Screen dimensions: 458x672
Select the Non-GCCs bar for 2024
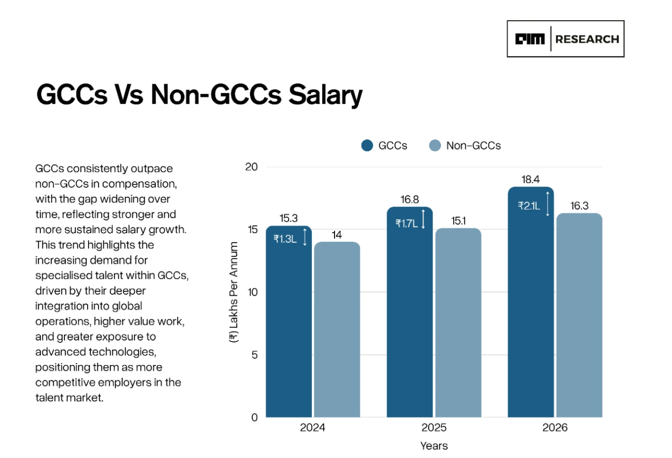[x=337, y=330]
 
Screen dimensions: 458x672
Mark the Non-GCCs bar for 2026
[x=579, y=315]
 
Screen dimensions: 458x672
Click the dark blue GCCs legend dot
[x=367, y=146]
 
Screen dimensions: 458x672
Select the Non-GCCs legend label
[x=473, y=146]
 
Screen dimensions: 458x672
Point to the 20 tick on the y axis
[x=251, y=167]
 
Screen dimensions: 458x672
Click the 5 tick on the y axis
[x=254, y=355]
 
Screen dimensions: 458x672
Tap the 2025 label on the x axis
[x=434, y=427]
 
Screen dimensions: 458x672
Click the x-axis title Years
[x=434, y=446]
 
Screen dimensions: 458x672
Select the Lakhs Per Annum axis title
[x=234, y=292]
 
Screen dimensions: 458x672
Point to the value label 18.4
[x=530, y=180]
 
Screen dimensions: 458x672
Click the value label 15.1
[x=458, y=221]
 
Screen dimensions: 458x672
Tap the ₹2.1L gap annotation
[x=529, y=206]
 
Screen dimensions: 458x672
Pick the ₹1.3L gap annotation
[x=285, y=239]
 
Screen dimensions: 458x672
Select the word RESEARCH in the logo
[x=587, y=39]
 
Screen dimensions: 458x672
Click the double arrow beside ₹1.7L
[x=423, y=220]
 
